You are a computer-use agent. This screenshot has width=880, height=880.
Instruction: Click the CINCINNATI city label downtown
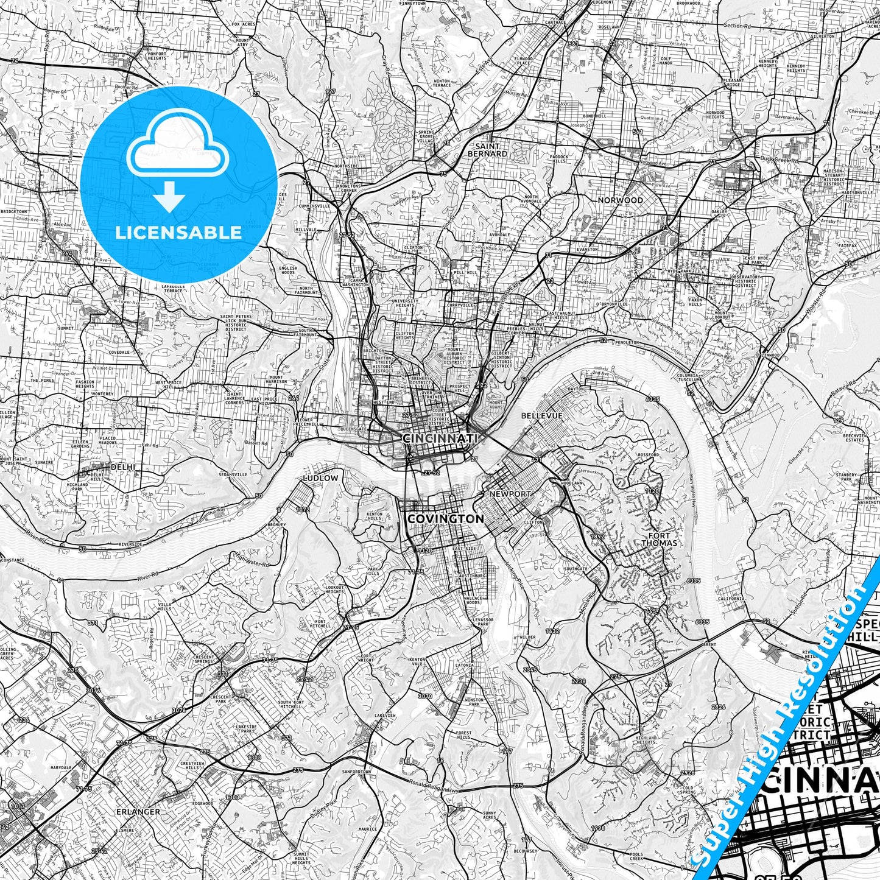pyautogui.click(x=440, y=438)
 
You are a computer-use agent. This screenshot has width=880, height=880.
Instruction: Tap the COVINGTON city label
pyautogui.click(x=445, y=519)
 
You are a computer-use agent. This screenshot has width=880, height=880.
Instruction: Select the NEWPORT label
pyautogui.click(x=510, y=493)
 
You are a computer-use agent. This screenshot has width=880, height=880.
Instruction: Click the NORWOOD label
pyautogui.click(x=620, y=200)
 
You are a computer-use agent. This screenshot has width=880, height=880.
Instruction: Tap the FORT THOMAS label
pyautogui.click(x=659, y=539)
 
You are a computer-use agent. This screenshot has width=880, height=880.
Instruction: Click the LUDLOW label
pyautogui.click(x=320, y=478)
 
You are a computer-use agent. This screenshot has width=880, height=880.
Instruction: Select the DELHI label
pyautogui.click(x=122, y=467)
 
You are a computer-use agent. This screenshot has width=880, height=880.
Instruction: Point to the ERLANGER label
pyautogui.click(x=138, y=812)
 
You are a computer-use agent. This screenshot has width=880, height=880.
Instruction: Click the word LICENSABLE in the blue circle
pyautogui.click(x=178, y=232)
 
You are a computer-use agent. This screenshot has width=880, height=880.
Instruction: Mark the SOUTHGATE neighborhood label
pyautogui.click(x=576, y=569)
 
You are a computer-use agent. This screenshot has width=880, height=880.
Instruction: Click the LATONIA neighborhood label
pyautogui.click(x=465, y=665)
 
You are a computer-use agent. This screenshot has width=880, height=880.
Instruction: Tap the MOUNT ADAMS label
pyautogui.click(x=496, y=405)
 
